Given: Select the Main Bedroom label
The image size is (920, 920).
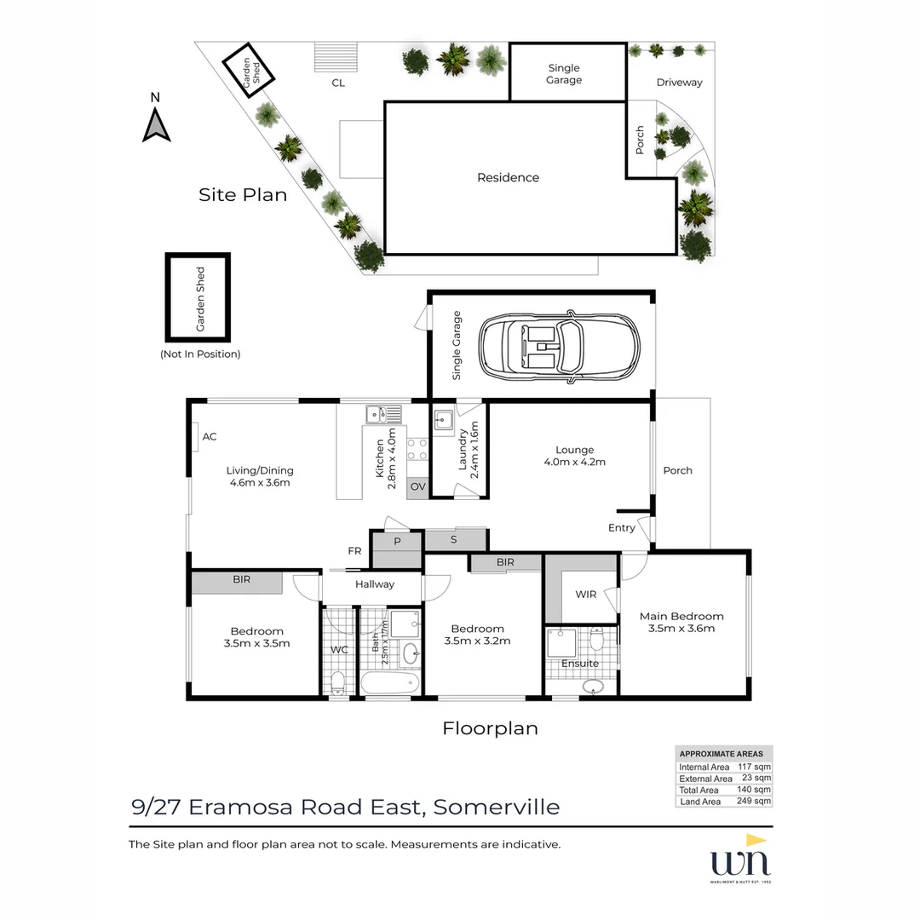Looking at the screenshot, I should [681, 616].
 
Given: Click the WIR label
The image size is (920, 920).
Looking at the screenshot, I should [585, 595].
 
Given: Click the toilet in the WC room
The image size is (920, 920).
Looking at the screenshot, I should [338, 681].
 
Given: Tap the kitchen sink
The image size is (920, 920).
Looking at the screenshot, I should [383, 415].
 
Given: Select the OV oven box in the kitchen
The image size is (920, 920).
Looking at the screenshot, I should [417, 487].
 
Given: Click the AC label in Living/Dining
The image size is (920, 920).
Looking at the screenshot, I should [210, 437].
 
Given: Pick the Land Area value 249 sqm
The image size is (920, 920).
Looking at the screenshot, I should [754, 802].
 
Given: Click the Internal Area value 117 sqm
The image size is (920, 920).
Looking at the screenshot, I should [754, 767].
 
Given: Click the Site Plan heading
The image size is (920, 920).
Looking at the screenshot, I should [243, 195].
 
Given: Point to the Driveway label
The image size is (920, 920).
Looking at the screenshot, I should [679, 83].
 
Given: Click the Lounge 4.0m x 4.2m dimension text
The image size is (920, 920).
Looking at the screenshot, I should [574, 463].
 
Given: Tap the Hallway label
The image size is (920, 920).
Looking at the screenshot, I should [375, 584].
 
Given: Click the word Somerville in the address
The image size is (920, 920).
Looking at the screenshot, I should [497, 807].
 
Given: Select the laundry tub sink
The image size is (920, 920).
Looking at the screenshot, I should [442, 419].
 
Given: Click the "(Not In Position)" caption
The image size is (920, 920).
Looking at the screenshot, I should [200, 354].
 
